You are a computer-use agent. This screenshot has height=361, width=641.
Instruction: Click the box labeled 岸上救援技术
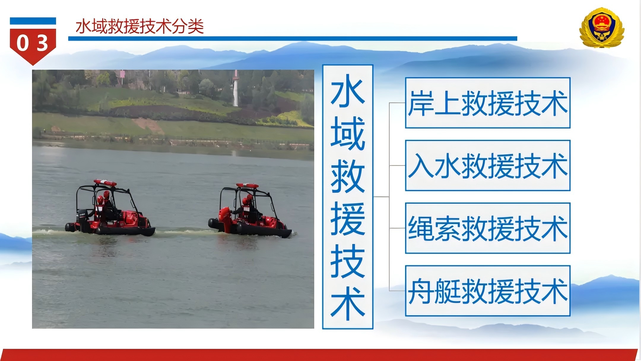pos(488,103)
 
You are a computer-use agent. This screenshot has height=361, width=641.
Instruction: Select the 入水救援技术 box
pos(488,165)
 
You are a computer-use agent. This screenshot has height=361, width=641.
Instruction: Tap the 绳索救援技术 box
pos(488,228)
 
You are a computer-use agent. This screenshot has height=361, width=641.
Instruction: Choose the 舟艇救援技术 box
pos(488,291)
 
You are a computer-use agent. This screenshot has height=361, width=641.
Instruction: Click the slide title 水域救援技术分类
pos(140,26)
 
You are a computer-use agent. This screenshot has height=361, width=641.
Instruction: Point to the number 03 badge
pos(33,42)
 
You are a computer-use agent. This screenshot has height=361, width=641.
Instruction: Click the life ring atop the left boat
pos(105,183)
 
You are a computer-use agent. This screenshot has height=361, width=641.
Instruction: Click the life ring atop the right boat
pos(247,186)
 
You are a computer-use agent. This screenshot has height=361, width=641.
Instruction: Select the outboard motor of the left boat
pos(83,220)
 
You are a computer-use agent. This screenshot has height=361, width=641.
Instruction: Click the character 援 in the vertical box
pos(348,219)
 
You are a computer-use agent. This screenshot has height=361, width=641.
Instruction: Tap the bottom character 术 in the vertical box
pos(348,304)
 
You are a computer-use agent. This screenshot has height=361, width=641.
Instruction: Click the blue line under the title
pos(293,39)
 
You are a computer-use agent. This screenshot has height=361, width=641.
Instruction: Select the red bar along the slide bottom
pos(319,355)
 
